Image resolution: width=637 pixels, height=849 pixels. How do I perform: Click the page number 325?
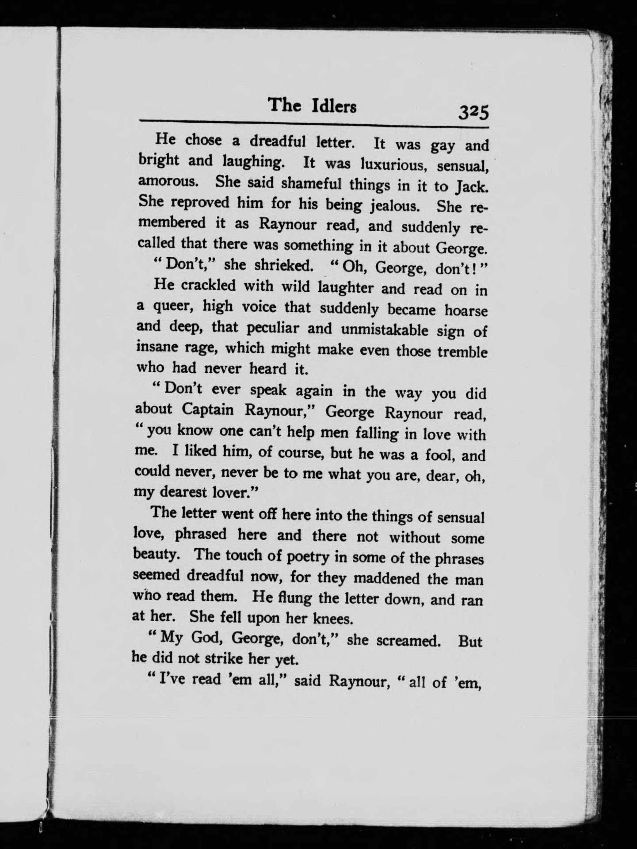(x=473, y=112)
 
